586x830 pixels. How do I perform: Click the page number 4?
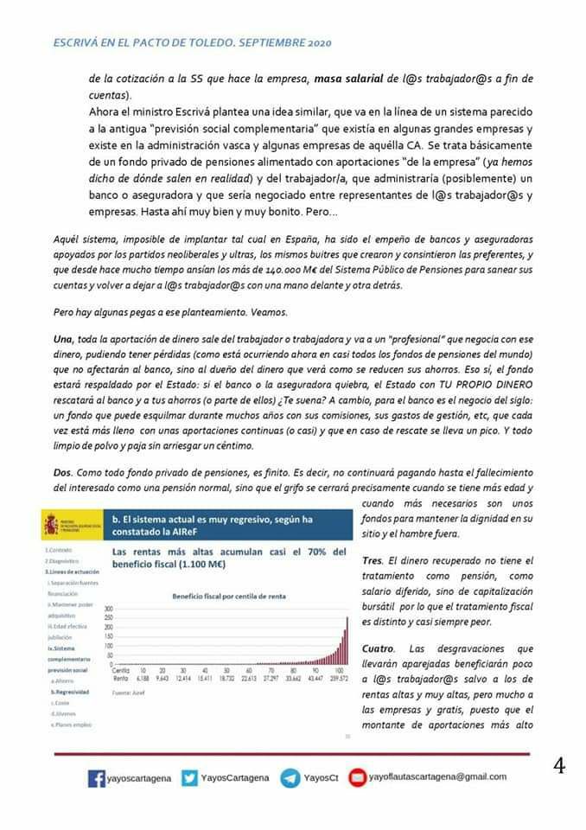tap(559, 766)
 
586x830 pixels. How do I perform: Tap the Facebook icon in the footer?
tap(98, 778)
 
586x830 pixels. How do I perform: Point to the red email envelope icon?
tap(357, 778)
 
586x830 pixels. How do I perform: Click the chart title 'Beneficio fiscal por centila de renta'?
tap(223, 597)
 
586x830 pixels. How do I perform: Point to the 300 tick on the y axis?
tap(109, 609)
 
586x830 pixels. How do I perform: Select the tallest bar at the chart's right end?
tap(347, 640)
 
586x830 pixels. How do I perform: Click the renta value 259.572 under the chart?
tap(338, 679)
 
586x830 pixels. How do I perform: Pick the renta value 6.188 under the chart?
tap(143, 679)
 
